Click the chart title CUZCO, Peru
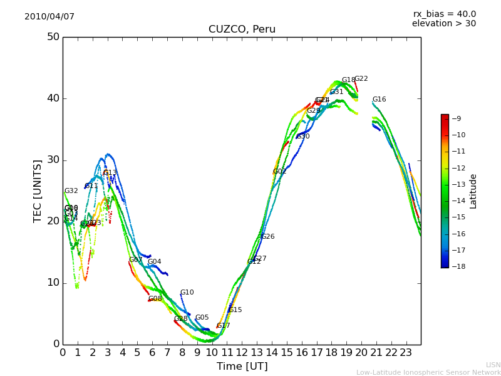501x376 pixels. point(242,29)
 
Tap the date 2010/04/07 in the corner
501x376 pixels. point(49,16)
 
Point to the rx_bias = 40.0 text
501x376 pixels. point(444,14)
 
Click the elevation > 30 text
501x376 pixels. point(444,24)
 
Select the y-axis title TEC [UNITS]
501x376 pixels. point(38,191)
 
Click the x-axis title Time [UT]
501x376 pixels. point(242,367)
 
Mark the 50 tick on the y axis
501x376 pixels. point(53,37)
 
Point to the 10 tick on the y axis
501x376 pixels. point(53,283)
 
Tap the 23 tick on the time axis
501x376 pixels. point(406,353)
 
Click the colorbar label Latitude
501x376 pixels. point(473,191)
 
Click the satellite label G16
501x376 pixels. point(380,100)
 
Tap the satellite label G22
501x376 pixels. point(361,79)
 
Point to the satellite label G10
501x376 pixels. point(187,293)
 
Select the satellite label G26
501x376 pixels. point(268,237)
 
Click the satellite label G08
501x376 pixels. point(155,299)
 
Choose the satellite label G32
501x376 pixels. point(71,191)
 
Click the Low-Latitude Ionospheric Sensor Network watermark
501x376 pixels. point(428,372)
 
